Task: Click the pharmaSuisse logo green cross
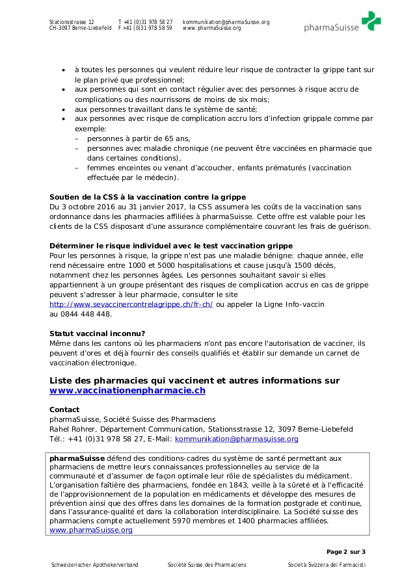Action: pos(371,20)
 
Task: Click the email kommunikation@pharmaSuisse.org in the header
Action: pos(226,22)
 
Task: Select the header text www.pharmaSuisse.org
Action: pos(211,29)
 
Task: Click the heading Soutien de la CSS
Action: pos(148,197)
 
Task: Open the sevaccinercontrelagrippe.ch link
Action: pos(131,304)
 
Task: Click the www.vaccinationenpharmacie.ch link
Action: pos(127,391)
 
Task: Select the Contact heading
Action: pos(64,410)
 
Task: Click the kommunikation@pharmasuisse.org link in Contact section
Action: pos(237,439)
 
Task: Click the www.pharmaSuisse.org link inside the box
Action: pos(91,530)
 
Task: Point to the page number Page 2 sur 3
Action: pos(345,551)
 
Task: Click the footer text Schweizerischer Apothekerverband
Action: pos(94,565)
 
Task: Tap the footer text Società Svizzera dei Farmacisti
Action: pos(327,565)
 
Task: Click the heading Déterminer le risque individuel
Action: pos(171,246)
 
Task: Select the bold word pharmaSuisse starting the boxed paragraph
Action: pos(77,458)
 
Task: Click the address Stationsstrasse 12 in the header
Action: pos(72,22)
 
